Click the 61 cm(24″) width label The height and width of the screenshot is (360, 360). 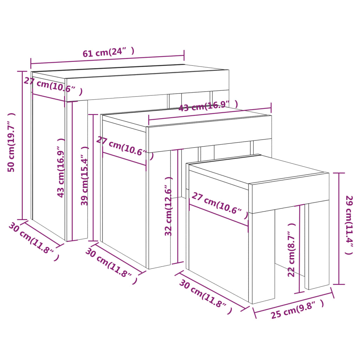click(108, 52)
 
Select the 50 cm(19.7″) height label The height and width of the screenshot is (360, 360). click(12, 142)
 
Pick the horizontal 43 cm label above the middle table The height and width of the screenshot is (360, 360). click(208, 105)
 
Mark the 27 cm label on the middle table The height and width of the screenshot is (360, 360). click(125, 148)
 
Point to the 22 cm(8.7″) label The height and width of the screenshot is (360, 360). click(291, 250)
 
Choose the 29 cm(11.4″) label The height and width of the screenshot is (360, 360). click(349, 225)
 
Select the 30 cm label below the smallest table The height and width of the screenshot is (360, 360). click(206, 294)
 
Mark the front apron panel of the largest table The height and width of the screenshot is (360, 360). click(148, 84)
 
